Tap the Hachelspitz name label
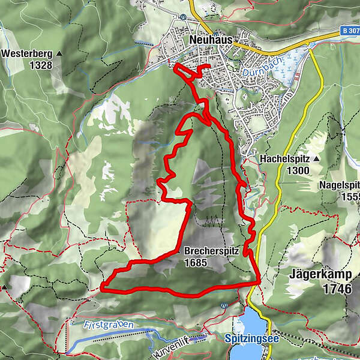pos(284,160)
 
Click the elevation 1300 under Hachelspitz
pos(298,171)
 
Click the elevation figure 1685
pos(196,263)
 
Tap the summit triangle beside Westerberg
pos(59,53)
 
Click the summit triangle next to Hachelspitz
pos(314,160)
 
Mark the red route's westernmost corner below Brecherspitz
pos(102,287)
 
